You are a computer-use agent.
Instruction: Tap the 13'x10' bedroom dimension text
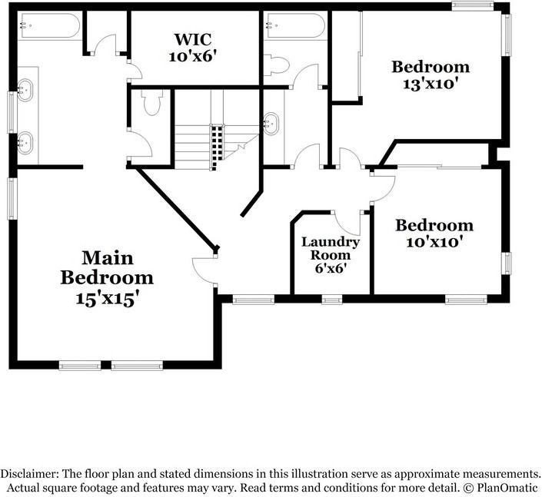(x=431, y=84)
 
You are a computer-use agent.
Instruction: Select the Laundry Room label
(x=330, y=248)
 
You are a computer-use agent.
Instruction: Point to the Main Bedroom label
(x=107, y=267)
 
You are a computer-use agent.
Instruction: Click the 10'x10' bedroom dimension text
(x=434, y=243)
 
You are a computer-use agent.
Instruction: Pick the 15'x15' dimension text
(x=107, y=299)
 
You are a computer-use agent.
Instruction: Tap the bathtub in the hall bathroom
(x=295, y=26)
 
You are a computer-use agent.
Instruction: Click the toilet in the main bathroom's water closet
(x=151, y=102)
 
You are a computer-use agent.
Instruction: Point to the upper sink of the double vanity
(x=27, y=90)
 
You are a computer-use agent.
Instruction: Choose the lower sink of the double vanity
(x=27, y=143)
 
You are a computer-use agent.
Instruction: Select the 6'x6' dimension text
(x=330, y=269)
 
